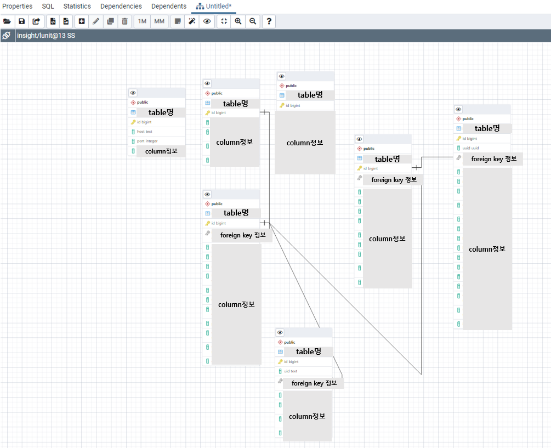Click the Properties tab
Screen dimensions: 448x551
tap(18, 7)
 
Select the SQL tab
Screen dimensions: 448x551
tap(48, 7)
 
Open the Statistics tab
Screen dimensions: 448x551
tap(77, 7)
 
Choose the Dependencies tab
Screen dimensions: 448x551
tap(121, 7)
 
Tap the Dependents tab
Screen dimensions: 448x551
tap(168, 7)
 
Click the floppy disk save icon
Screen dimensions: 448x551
tap(22, 21)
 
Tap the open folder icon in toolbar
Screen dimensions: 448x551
tap(7, 21)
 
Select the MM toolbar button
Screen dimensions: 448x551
tap(159, 21)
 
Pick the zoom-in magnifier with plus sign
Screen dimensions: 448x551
tap(238, 21)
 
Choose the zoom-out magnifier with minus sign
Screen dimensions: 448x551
tap(253, 21)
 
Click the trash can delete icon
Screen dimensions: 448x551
tap(124, 21)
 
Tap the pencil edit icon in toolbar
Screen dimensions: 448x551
tap(96, 21)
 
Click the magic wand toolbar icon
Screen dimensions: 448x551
tap(192, 21)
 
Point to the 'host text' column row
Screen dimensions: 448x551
tap(145, 132)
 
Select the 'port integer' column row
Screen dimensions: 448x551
tap(147, 141)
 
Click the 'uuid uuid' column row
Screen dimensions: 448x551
tap(471, 148)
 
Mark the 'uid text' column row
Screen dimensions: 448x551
tap(291, 371)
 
